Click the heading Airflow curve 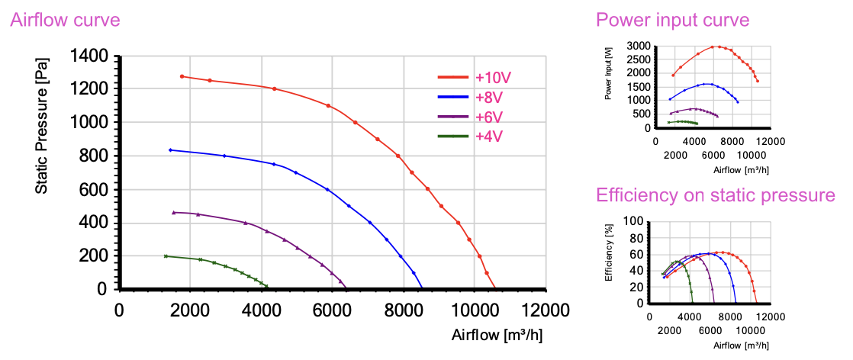tap(65, 20)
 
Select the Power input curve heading tap(672, 20)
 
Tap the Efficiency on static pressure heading tap(715, 195)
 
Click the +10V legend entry tap(492, 78)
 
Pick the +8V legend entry tap(489, 98)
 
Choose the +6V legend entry tap(489, 117)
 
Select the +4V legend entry tap(489, 137)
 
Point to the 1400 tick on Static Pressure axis tap(90, 56)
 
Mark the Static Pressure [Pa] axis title tap(43, 127)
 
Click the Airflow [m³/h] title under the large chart tap(497, 335)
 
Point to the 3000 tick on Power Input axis tap(636, 47)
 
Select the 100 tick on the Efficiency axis tap(635, 221)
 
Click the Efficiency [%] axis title tap(609, 252)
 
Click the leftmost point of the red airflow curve tap(182, 76)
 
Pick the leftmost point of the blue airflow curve tap(170, 149)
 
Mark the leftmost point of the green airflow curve tap(166, 256)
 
